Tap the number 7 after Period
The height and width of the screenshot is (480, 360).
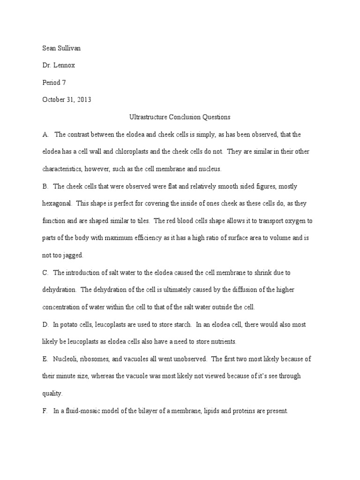pyautogui.click(x=64, y=82)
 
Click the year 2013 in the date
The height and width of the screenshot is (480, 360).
pyautogui.click(x=82, y=99)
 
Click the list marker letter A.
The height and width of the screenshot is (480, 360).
pyautogui.click(x=45, y=135)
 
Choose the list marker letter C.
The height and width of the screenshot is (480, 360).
pyautogui.click(x=45, y=272)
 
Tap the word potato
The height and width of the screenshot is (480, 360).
pyautogui.click(x=70, y=324)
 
